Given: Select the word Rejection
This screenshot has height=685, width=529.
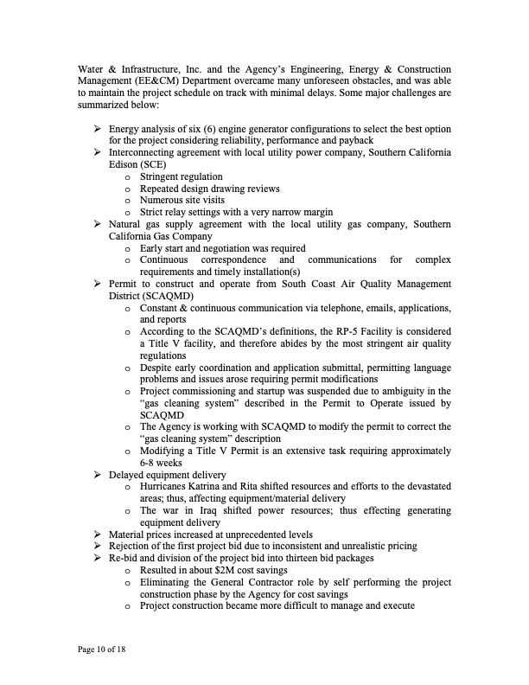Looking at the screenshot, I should [x=131, y=547].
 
